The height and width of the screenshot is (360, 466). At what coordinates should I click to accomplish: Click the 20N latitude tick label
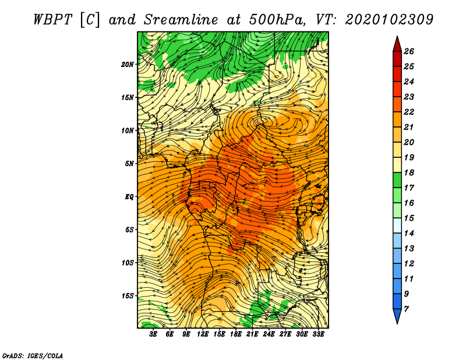coord(128,65)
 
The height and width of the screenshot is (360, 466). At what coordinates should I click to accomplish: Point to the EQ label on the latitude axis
coord(129,197)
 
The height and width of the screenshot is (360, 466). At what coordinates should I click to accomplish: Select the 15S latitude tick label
coord(128,296)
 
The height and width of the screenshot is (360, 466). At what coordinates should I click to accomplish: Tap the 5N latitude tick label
coord(129,164)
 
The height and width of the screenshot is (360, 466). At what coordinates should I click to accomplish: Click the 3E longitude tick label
coord(153,334)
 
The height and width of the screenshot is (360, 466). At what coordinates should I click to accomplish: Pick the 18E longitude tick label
coord(236,334)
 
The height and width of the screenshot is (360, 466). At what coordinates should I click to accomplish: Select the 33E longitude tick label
coord(318,334)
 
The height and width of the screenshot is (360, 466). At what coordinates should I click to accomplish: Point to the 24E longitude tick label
coord(269,334)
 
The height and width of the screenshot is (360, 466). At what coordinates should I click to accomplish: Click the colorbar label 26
coord(409,51)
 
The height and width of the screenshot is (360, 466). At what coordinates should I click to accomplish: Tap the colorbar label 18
coord(409,172)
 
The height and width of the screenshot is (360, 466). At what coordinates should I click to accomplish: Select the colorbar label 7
coord(406,309)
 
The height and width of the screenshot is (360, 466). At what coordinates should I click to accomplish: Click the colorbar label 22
coord(409,112)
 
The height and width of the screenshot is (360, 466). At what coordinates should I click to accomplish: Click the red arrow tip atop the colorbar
coord(397,37)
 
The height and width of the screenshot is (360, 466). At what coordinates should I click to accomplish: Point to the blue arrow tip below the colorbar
coord(397,323)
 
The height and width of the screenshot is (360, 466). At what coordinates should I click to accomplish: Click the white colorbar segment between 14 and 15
coord(397,225)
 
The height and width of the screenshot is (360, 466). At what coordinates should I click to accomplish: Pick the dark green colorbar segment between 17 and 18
coord(397,180)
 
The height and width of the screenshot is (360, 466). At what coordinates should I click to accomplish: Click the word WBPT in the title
coord(53,20)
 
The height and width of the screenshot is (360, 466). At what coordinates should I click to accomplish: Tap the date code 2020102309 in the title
coord(389,20)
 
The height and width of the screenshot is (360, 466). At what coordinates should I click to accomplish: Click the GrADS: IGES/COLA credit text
coord(33,355)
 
